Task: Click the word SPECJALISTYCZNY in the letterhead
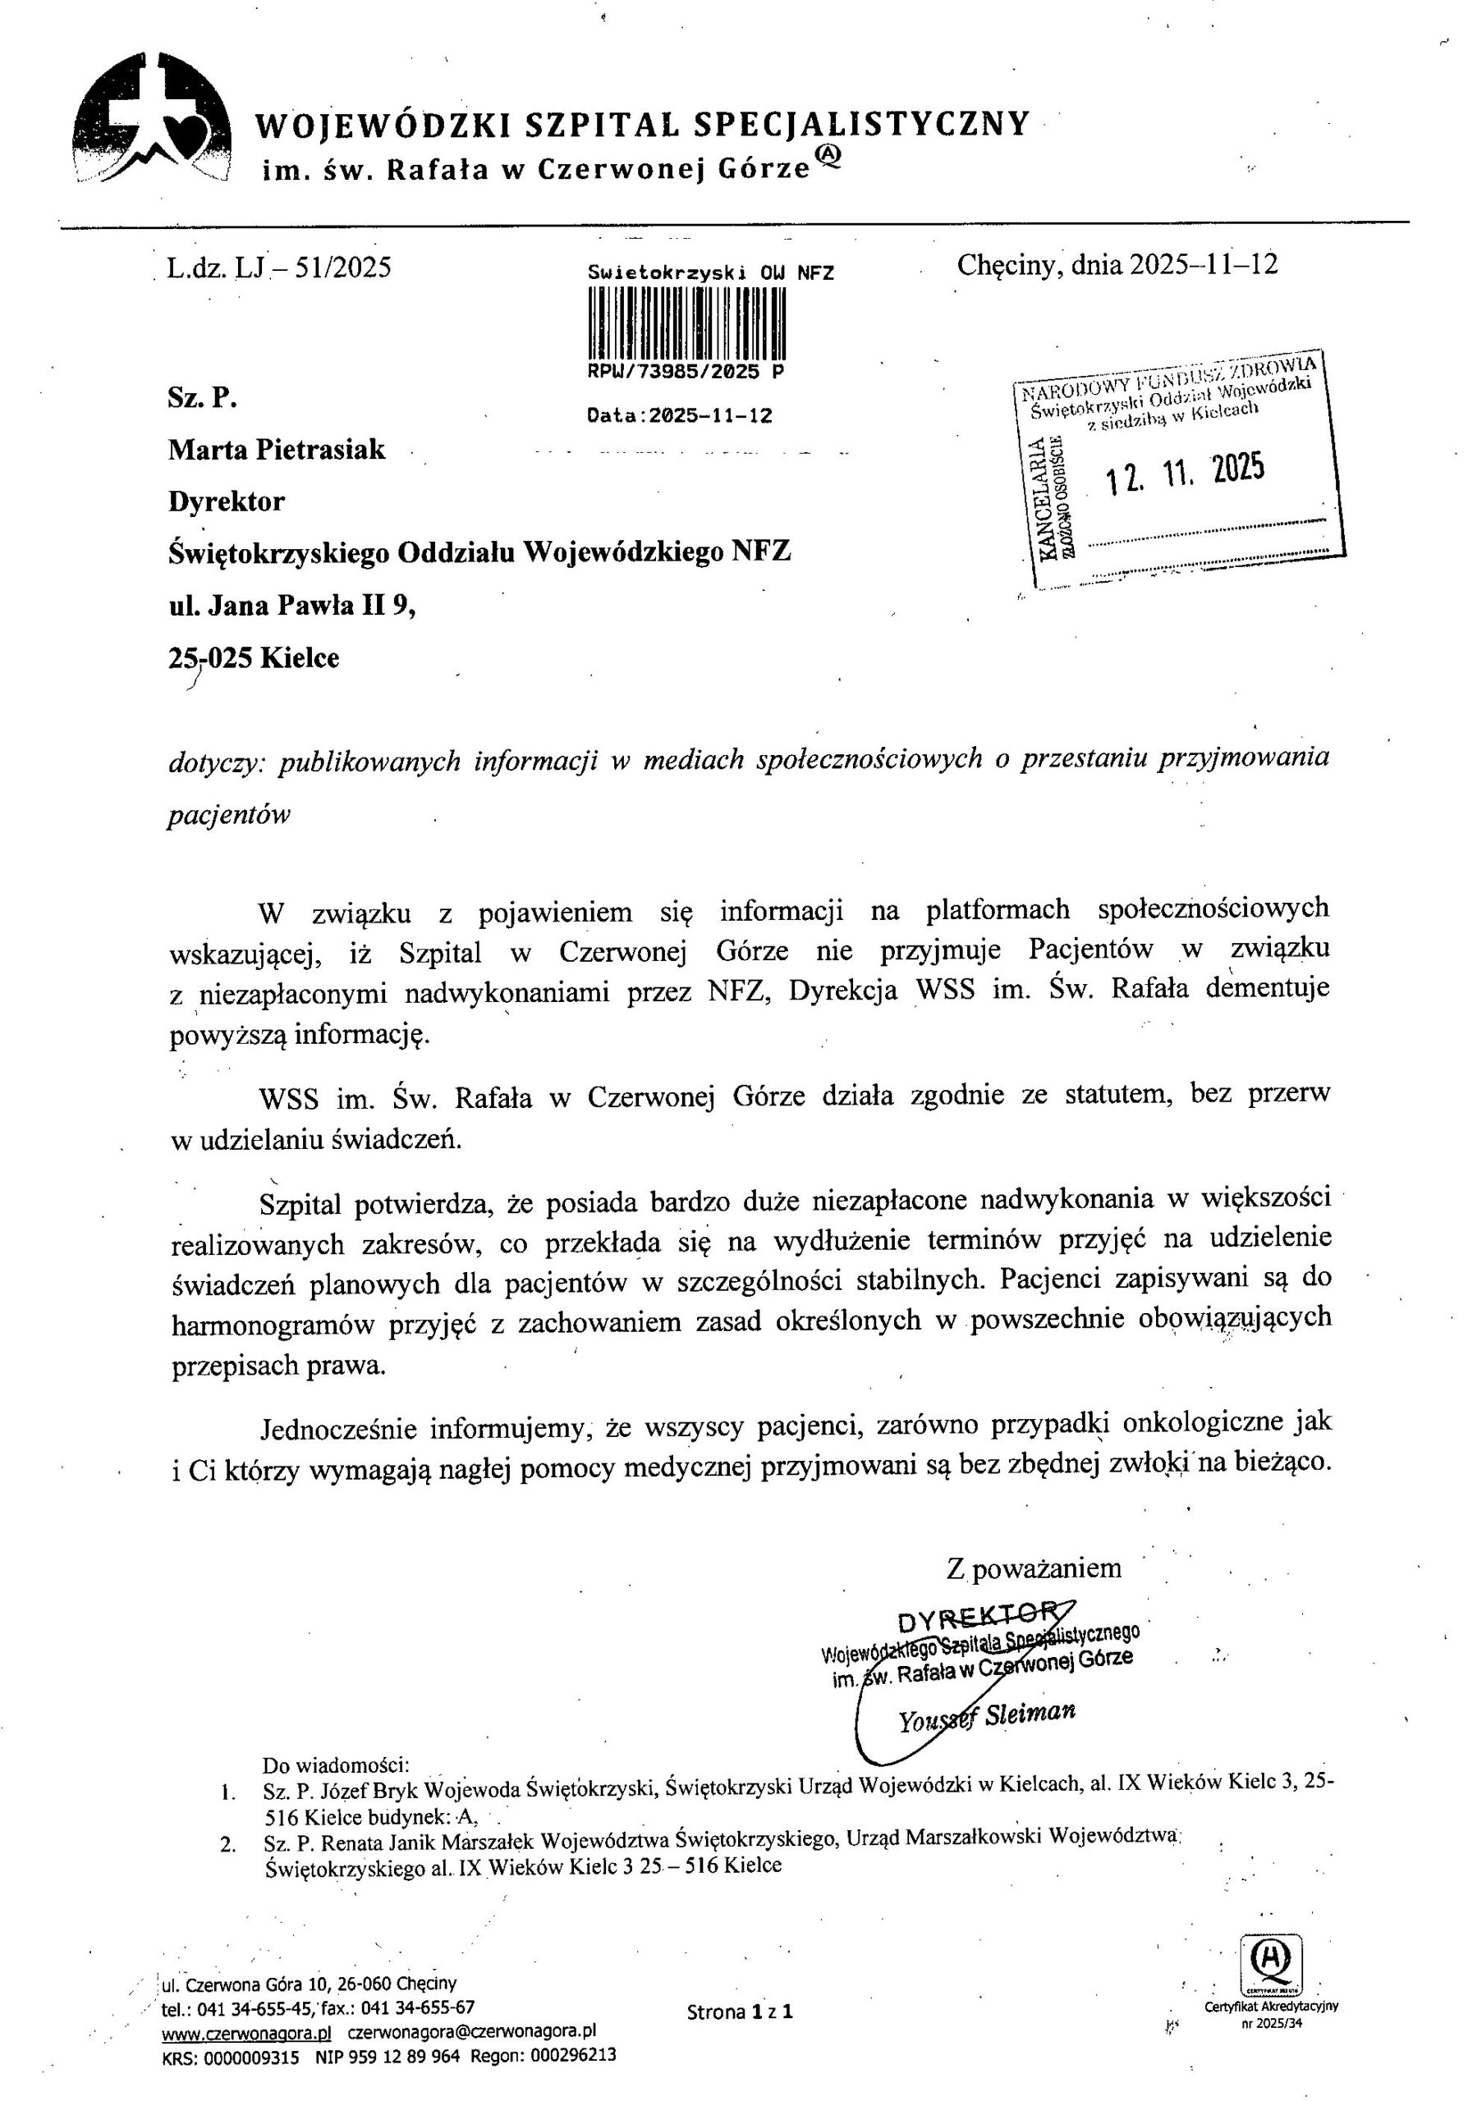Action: point(860,125)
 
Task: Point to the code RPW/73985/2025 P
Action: point(686,372)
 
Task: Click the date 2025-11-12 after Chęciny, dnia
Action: point(1203,264)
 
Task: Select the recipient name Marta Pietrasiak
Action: point(277,449)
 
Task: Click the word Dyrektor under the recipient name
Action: point(226,501)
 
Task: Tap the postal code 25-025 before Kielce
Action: point(209,658)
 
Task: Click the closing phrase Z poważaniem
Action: point(1034,1568)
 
